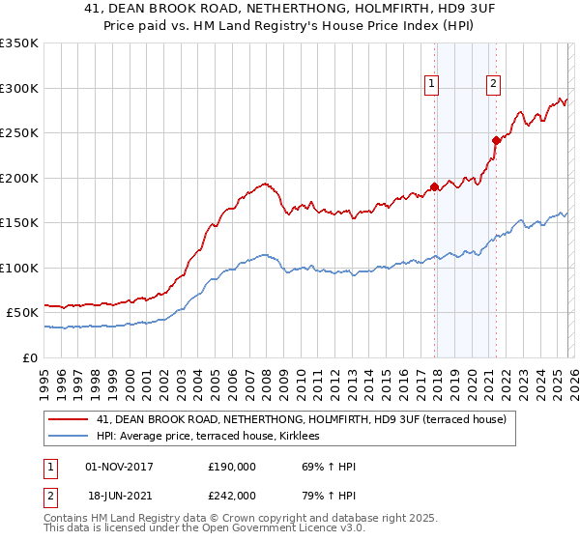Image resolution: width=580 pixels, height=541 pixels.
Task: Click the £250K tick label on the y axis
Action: (19, 133)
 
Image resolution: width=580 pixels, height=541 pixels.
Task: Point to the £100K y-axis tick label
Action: (19, 268)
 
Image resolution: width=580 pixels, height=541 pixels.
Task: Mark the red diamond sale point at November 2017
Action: (435, 186)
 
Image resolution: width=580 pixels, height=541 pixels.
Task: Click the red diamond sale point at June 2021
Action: (496, 140)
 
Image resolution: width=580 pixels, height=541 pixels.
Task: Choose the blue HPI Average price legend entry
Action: (214, 437)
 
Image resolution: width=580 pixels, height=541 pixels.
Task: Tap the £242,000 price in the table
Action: (232, 495)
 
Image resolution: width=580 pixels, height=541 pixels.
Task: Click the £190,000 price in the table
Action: (232, 467)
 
